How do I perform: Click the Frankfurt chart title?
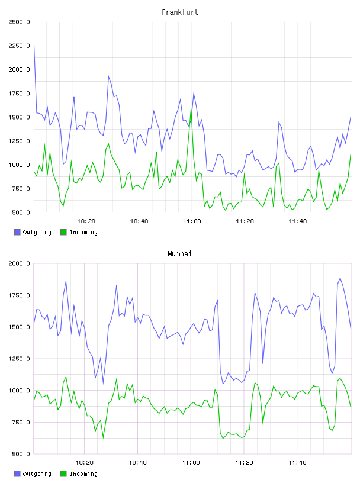pyautogui.click(x=180, y=12)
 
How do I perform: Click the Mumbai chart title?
pyautogui.click(x=179, y=253)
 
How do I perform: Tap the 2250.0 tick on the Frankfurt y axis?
pyautogui.click(x=19, y=46)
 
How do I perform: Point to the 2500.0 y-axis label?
pyautogui.click(x=19, y=22)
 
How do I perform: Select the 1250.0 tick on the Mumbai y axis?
pyautogui.click(x=19, y=359)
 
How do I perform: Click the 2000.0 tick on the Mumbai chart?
pyautogui.click(x=19, y=263)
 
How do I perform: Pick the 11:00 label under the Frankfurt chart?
pyautogui.click(x=192, y=221)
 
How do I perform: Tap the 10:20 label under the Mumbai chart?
pyautogui.click(x=84, y=462)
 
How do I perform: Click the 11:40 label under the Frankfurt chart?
pyautogui.click(x=298, y=221)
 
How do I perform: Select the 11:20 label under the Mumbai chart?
pyautogui.click(x=244, y=462)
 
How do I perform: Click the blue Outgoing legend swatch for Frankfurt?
pyautogui.click(x=17, y=232)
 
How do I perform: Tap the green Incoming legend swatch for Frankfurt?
pyautogui.click(x=63, y=232)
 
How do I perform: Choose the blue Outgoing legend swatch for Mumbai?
pyautogui.click(x=17, y=474)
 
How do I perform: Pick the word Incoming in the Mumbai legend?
pyautogui.click(x=83, y=474)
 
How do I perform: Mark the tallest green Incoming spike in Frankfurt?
pyautogui.click(x=191, y=109)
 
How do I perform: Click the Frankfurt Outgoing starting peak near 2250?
pyautogui.click(x=34, y=45)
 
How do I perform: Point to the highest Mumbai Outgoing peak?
pyautogui.click(x=340, y=278)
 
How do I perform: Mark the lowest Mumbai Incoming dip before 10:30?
pyautogui.click(x=103, y=438)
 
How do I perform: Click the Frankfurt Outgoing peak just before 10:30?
pyautogui.click(x=108, y=76)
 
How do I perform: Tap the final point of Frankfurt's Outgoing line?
pyautogui.click(x=351, y=117)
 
